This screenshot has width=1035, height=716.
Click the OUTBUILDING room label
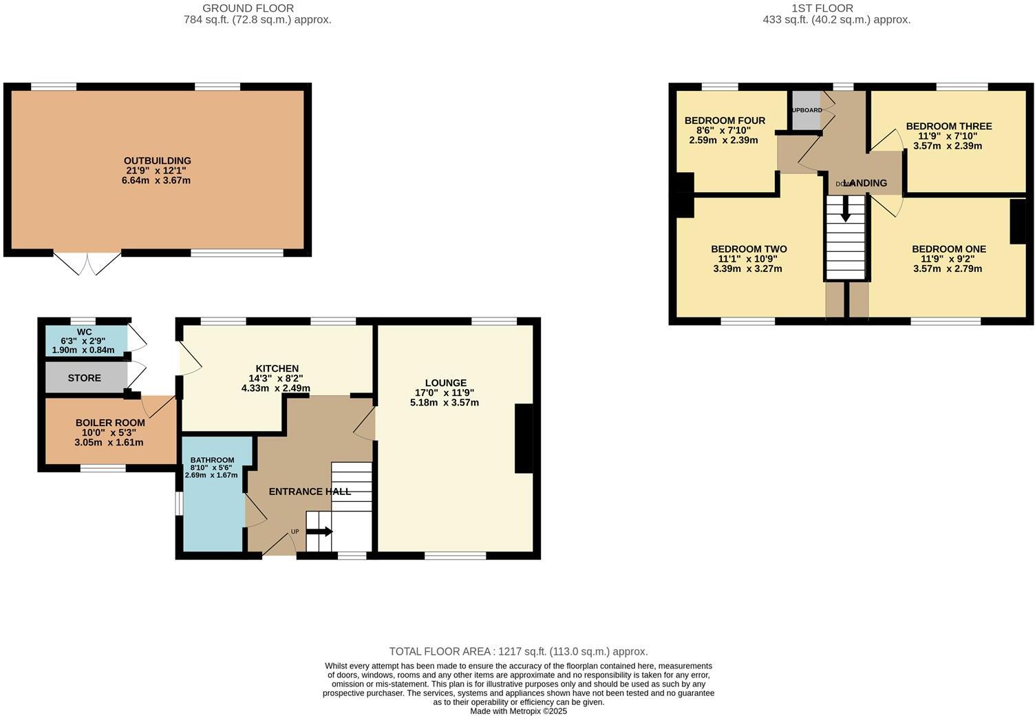click(x=157, y=160)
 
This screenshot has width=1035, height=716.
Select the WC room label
click(x=84, y=332)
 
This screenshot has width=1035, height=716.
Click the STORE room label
click(x=84, y=378)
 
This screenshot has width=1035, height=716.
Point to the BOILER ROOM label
click(x=110, y=423)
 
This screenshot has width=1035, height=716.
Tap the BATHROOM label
click(x=212, y=460)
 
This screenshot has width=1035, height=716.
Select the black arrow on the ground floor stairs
click(x=319, y=531)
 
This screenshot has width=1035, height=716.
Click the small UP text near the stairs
click(x=295, y=531)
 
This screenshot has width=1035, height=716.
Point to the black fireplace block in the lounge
click(x=524, y=439)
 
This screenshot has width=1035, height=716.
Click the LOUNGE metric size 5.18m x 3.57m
click(x=444, y=402)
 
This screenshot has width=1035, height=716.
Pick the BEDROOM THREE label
click(x=948, y=126)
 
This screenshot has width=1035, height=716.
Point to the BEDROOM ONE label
click(x=948, y=249)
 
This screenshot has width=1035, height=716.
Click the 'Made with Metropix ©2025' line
click(x=518, y=711)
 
